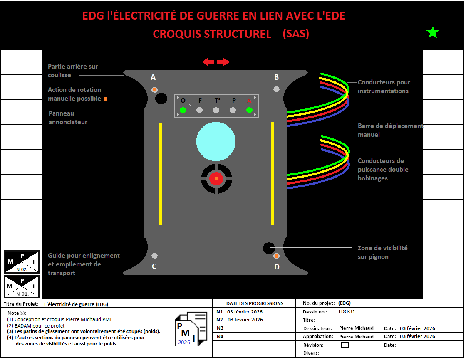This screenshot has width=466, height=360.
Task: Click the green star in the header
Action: pyautogui.click(x=433, y=32)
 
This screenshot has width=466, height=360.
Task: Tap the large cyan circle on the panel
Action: pyautogui.click(x=216, y=141)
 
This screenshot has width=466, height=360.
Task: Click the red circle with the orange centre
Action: pyautogui.click(x=216, y=178)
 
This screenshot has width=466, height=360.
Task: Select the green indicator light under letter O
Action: pyautogui.click(x=183, y=110)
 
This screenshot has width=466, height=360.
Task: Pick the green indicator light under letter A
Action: pyautogui.click(x=250, y=110)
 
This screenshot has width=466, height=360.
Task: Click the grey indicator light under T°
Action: pyautogui.click(x=216, y=110)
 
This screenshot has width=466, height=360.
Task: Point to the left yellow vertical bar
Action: pyautogui.click(x=161, y=174)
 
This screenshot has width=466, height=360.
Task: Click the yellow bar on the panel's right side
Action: pyautogui.click(x=273, y=173)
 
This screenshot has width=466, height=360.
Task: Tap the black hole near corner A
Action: pyautogui.click(x=161, y=99)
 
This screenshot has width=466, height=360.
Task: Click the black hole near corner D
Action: pyautogui.click(x=269, y=248)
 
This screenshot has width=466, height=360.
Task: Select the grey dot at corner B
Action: pyautogui.click(x=276, y=89)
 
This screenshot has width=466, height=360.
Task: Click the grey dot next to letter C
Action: pyautogui.click(x=154, y=255)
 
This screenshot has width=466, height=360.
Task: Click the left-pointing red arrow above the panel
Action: pyautogui.click(x=208, y=62)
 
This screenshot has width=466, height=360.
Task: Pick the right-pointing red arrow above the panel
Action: pyautogui.click(x=223, y=62)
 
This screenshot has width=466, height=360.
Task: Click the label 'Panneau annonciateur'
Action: pyautogui.click(x=68, y=118)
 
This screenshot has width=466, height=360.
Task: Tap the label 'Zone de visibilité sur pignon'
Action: pyautogui.click(x=382, y=252)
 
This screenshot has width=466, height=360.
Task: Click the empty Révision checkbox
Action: pyautogui.click(x=345, y=345)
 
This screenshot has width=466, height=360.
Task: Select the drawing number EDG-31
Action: pyautogui.click(x=347, y=311)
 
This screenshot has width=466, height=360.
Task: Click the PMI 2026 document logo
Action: pyautogui.click(x=191, y=329)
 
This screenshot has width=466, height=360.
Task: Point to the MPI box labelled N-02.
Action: pyautogui.click(x=22, y=261)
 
